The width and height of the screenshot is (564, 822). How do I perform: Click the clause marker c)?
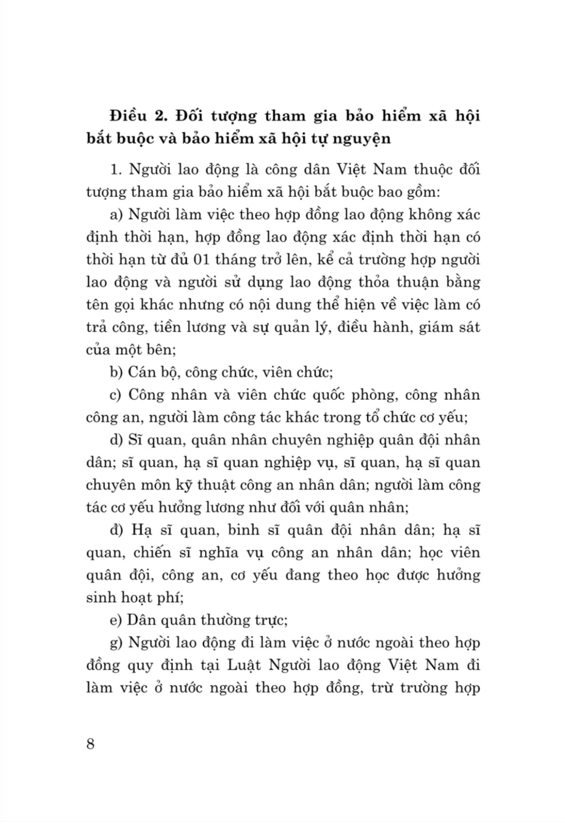click(x=116, y=395)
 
